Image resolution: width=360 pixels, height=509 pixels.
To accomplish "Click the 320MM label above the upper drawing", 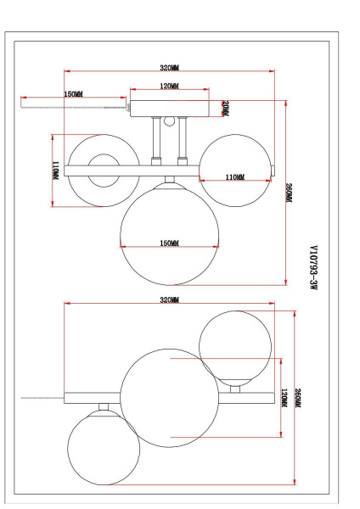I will (169, 67).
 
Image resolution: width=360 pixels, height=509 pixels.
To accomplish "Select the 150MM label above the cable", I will (73, 94).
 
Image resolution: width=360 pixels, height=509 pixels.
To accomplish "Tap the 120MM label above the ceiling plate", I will (169, 87).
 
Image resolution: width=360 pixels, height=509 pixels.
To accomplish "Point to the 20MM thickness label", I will (225, 108).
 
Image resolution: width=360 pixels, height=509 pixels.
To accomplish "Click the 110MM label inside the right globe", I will (235, 177).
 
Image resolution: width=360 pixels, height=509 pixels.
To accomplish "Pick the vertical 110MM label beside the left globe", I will (55, 171).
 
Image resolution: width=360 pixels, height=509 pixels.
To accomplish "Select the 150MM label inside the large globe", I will (169, 243).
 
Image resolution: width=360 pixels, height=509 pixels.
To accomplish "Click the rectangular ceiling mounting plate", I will (169, 108).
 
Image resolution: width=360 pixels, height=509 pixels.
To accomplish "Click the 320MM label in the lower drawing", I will (169, 300).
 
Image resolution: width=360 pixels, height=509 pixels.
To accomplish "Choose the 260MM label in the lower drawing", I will (297, 397).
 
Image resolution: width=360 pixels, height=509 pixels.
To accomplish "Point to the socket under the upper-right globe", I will (236, 389).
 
